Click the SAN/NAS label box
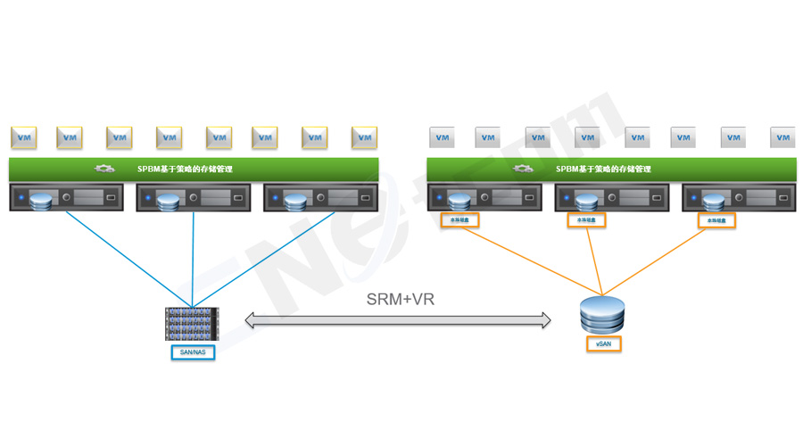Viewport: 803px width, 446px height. point(192,352)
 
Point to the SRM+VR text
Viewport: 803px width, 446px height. point(401,299)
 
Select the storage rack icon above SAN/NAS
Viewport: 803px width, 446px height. point(192,324)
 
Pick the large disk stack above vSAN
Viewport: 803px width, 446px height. point(602,316)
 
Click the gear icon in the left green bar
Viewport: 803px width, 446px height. point(105,169)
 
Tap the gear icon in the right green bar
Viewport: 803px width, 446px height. point(525,169)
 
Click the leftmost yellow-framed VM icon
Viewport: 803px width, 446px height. point(24,137)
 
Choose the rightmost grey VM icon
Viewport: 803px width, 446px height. point(783,137)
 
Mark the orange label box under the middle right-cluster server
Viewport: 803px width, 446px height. point(586,220)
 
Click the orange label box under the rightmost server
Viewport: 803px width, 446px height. point(716,220)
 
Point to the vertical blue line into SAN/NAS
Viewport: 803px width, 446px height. point(193,259)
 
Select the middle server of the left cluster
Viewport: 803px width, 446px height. point(193,197)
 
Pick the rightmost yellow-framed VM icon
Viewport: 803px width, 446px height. point(364,137)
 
